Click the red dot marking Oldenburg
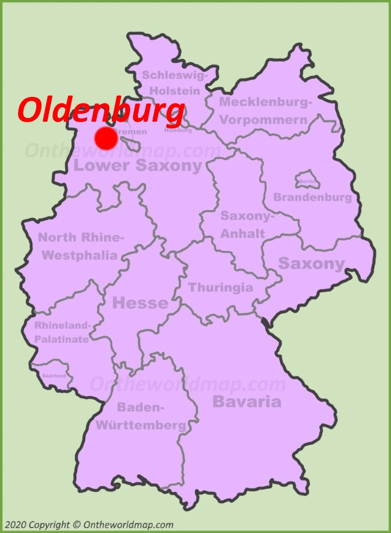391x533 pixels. (106, 138)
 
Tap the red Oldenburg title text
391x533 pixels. (101, 110)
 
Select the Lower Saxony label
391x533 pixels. (138, 166)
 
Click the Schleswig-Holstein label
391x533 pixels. (174, 83)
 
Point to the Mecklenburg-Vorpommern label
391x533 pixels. (265, 111)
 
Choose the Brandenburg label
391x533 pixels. (312, 198)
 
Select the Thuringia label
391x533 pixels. (221, 287)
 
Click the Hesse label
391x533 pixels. (140, 303)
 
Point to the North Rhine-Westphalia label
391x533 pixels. (81, 246)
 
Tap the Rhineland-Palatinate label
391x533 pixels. (62, 332)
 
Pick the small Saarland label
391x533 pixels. (54, 375)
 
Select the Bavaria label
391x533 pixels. (247, 402)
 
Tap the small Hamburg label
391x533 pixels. (178, 130)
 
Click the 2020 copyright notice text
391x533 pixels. (88, 525)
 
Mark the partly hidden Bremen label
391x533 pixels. (131, 131)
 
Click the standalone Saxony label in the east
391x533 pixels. (311, 263)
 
